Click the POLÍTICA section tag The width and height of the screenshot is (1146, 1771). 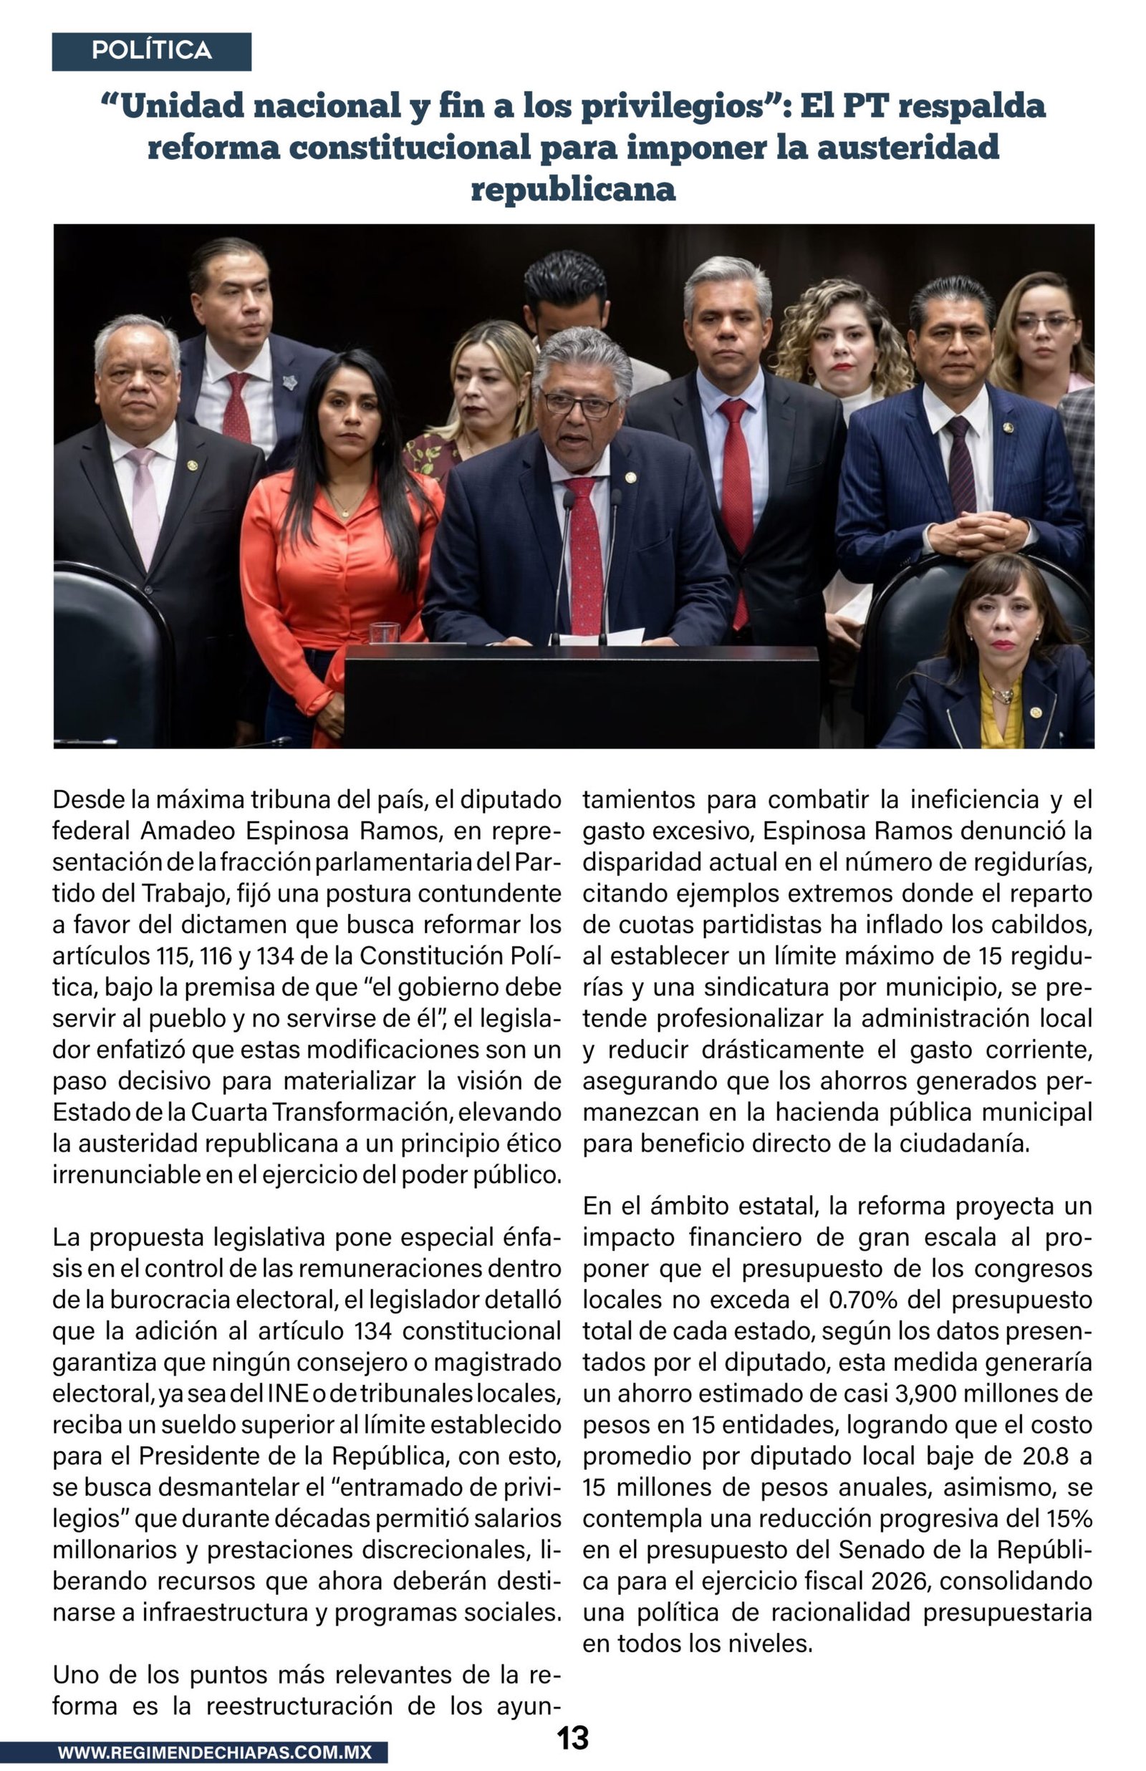151,51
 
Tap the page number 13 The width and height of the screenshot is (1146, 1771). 572,1738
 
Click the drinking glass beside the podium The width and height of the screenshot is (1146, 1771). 384,633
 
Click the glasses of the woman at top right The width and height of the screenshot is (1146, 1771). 1045,323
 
